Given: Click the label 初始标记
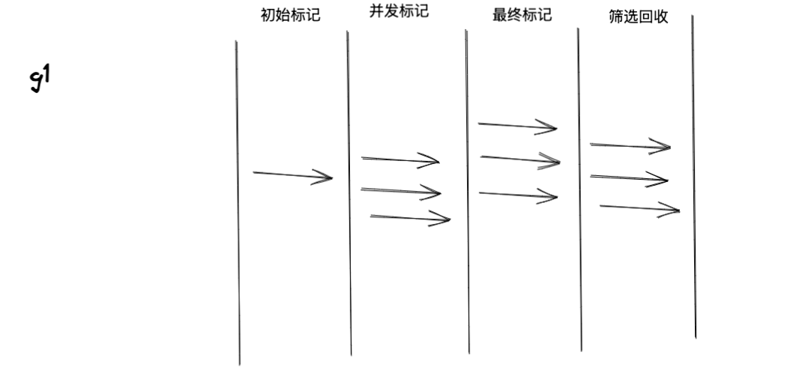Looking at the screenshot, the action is point(290,16).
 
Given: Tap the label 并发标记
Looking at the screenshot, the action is point(399,13).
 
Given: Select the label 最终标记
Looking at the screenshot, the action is point(522,16).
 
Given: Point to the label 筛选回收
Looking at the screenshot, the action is point(639,19).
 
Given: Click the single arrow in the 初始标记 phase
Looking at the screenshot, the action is point(292,175).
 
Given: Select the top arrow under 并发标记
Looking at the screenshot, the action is point(400,159).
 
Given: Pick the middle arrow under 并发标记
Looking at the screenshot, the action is point(400,191).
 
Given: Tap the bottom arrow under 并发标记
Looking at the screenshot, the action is point(410,217).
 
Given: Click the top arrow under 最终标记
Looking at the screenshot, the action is point(517,126).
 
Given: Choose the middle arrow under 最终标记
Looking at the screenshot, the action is point(520,158).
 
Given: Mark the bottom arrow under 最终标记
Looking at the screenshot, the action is point(518,195).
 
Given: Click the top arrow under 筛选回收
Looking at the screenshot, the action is point(630,145).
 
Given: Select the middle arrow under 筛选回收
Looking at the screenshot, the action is point(629,178).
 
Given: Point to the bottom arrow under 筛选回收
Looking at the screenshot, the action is point(639,207).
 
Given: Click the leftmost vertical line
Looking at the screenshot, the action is point(238,202).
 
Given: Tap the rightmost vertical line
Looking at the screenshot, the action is point(693,177).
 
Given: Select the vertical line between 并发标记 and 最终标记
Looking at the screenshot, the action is point(467,191).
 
